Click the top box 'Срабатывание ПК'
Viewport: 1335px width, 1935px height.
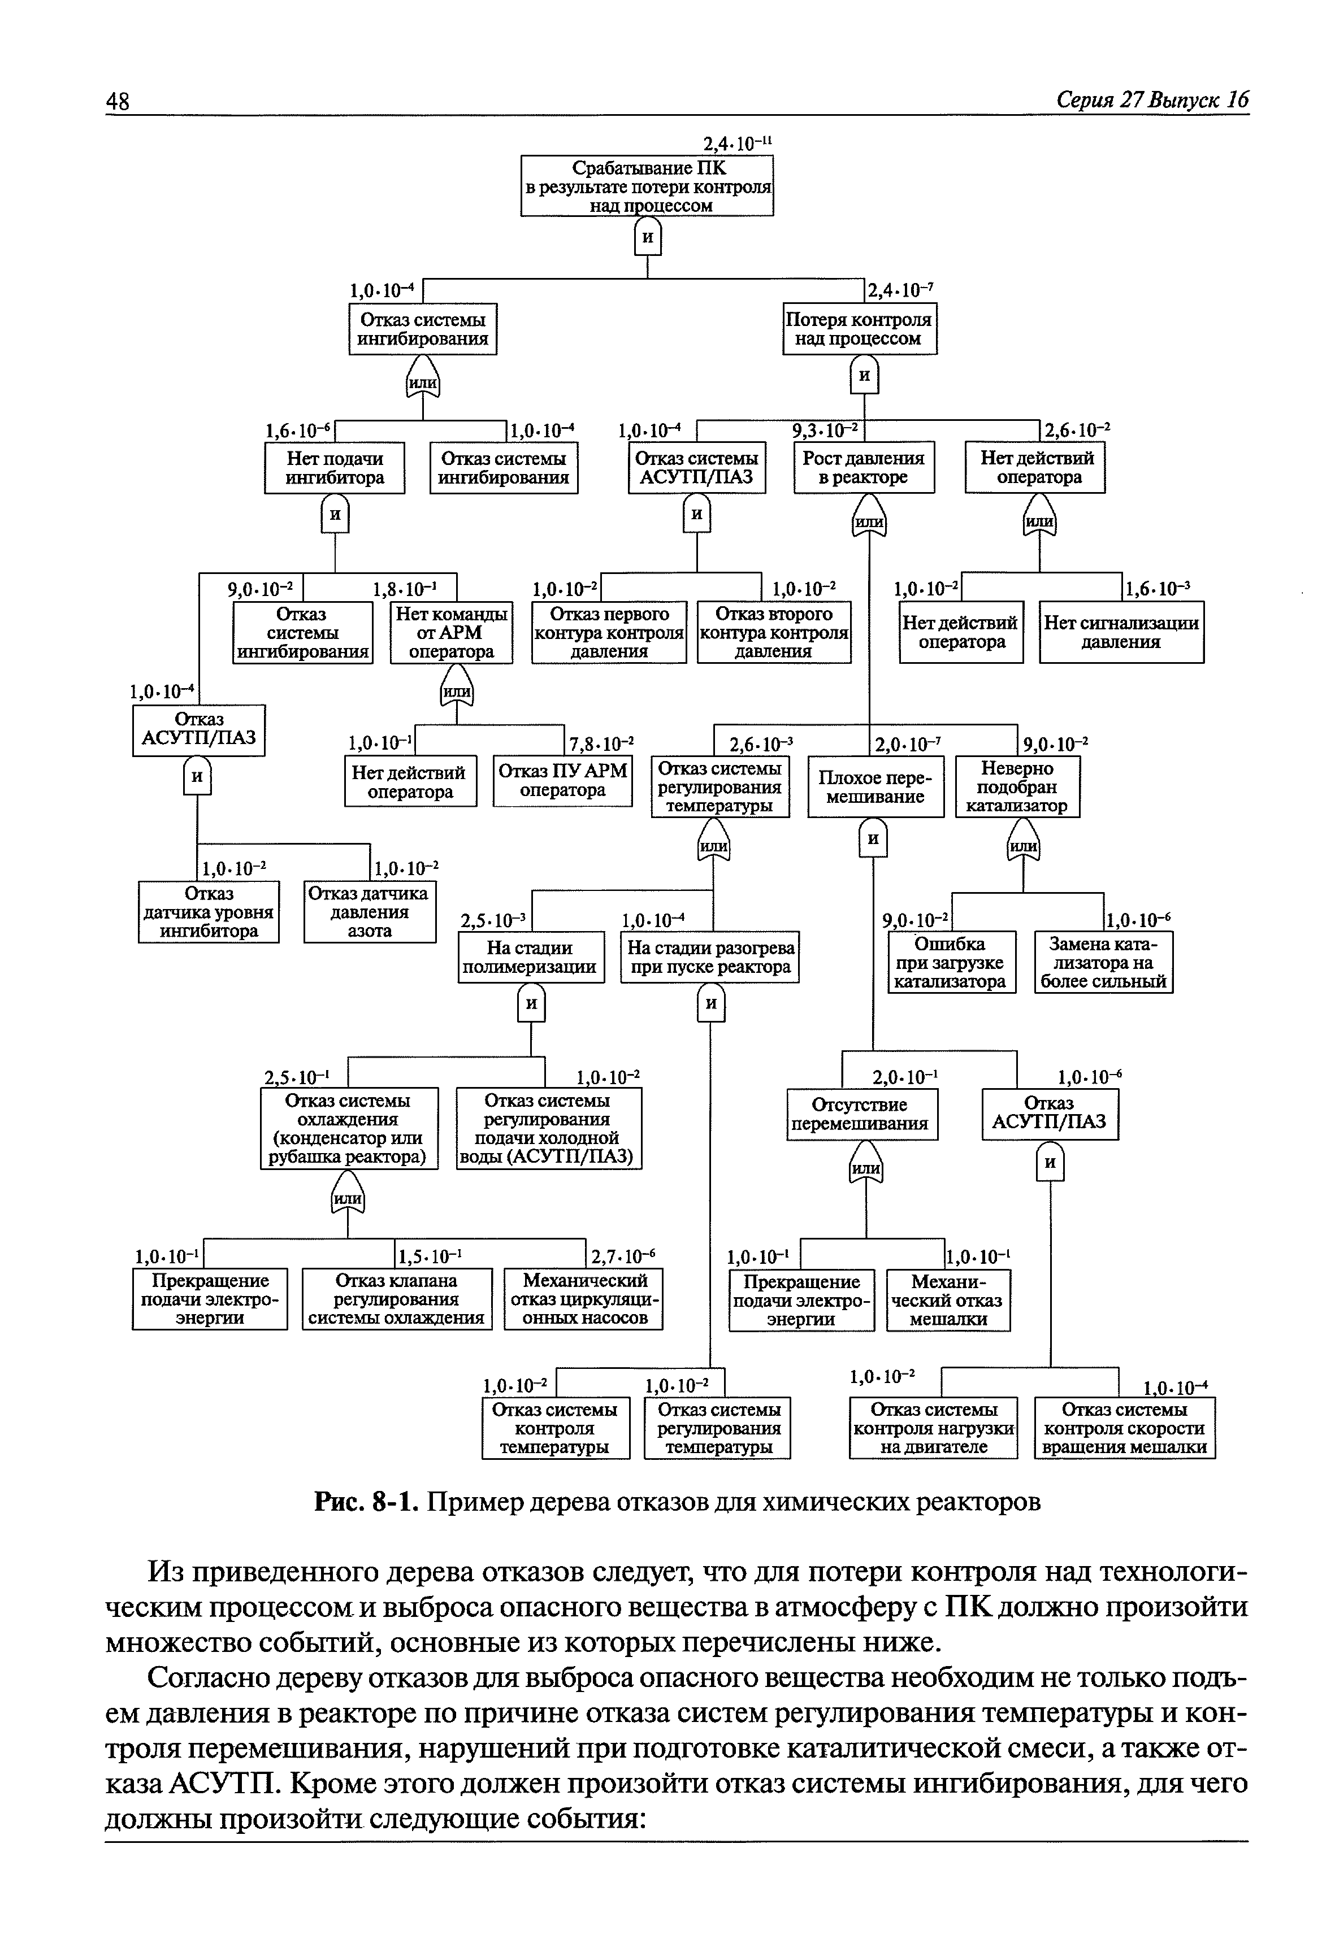pyautogui.click(x=647, y=186)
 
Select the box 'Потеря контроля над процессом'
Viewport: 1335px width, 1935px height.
pyautogui.click(x=859, y=329)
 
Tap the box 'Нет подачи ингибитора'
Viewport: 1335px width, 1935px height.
pyautogui.click(x=335, y=468)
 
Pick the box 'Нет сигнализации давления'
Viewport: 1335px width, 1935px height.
pyautogui.click(x=1121, y=632)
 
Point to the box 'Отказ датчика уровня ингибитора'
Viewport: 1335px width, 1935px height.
pyautogui.click(x=209, y=912)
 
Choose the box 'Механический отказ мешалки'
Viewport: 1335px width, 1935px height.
pyautogui.click(x=948, y=1301)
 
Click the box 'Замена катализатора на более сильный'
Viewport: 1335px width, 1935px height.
pyautogui.click(x=1103, y=963)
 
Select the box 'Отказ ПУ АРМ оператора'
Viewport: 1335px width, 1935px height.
pyautogui.click(x=562, y=781)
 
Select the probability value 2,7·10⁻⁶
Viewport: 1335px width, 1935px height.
pyautogui.click(x=623, y=1256)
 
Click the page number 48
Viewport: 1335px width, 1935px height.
pyautogui.click(x=118, y=101)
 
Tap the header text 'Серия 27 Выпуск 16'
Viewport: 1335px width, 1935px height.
pyautogui.click(x=1152, y=101)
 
